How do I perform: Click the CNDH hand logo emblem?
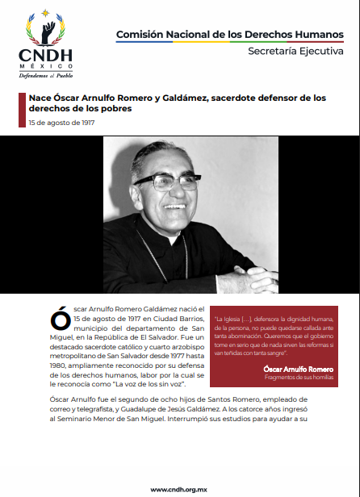tap(45, 30)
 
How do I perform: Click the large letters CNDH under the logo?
tap(46, 55)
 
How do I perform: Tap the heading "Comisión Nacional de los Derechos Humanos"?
tap(229, 34)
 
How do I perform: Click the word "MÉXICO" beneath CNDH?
tap(46, 65)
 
